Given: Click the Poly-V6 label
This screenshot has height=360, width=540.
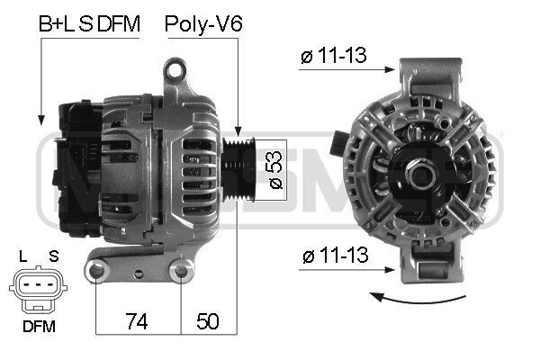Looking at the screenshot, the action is (203, 24).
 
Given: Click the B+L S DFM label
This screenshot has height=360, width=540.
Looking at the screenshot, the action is (89, 23).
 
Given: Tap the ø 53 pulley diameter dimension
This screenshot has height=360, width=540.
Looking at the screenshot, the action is (275, 169).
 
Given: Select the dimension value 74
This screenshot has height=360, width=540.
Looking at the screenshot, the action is (137, 321).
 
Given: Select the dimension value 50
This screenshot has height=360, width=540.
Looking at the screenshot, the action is (207, 321).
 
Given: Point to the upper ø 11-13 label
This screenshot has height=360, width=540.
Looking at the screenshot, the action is (333, 55).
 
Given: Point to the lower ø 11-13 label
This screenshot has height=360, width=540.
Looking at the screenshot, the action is (335, 256).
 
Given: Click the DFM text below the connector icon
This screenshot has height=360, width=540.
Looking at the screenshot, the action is (39, 327).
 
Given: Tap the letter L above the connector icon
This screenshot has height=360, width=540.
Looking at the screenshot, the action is (22, 256).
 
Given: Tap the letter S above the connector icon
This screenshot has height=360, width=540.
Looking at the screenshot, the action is (54, 256).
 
